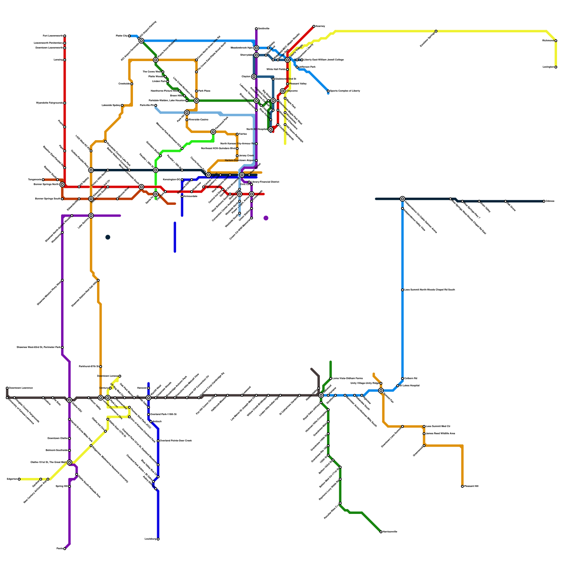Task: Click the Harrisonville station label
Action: [x=390, y=532]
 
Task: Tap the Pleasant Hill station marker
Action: [x=462, y=486]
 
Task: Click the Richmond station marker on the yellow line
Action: [x=556, y=41]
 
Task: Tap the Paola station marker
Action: [x=65, y=548]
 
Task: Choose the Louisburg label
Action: [x=150, y=539]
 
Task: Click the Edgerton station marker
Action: [x=19, y=479]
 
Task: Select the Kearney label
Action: [x=320, y=26]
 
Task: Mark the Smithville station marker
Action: [x=256, y=29]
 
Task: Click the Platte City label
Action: [x=121, y=36]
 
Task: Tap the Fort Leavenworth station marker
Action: [x=65, y=36]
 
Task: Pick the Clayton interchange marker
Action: [x=254, y=77]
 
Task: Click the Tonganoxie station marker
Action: [x=43, y=180]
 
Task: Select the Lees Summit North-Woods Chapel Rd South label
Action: [x=429, y=290]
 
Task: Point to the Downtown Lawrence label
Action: [x=21, y=388]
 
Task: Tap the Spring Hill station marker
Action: [x=69, y=486]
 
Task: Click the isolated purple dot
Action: [x=266, y=218]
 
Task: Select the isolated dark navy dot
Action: [x=108, y=237]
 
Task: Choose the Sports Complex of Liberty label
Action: [x=345, y=91]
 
